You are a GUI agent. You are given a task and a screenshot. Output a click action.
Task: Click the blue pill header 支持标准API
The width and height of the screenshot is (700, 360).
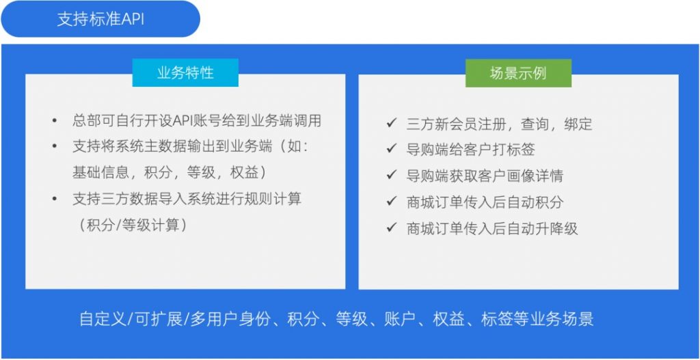coord(100,18)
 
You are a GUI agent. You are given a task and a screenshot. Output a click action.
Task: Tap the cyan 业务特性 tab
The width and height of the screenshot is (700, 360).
coord(185,72)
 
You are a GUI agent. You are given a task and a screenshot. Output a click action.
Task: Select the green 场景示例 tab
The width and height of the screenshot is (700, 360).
coord(518,73)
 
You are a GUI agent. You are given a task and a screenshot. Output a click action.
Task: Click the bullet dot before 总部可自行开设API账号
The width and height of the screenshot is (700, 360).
coord(55,121)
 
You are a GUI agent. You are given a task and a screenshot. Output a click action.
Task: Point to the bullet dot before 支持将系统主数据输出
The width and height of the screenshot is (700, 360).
coord(55,146)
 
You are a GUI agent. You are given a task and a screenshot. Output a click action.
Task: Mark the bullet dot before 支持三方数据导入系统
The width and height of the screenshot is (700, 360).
coord(55,199)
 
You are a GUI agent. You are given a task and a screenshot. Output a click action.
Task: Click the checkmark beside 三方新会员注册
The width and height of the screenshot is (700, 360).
coord(392,123)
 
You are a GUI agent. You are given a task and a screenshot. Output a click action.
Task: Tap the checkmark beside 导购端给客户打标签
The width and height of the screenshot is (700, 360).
coord(392,148)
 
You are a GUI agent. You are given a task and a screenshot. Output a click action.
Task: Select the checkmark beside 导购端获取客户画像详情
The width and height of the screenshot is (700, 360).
coord(392,175)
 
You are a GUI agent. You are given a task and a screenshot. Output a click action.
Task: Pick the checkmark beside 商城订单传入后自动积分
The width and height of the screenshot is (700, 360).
coord(392,202)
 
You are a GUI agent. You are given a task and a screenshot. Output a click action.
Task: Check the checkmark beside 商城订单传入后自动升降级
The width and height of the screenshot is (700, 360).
coord(392,228)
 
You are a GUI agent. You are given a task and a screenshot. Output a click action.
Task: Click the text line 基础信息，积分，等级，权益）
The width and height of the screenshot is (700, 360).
coord(170,173)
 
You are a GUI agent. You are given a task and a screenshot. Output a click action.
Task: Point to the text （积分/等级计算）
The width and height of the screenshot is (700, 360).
coord(133,225)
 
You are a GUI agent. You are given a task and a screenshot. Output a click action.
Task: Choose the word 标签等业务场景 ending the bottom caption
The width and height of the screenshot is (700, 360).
coord(537,320)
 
